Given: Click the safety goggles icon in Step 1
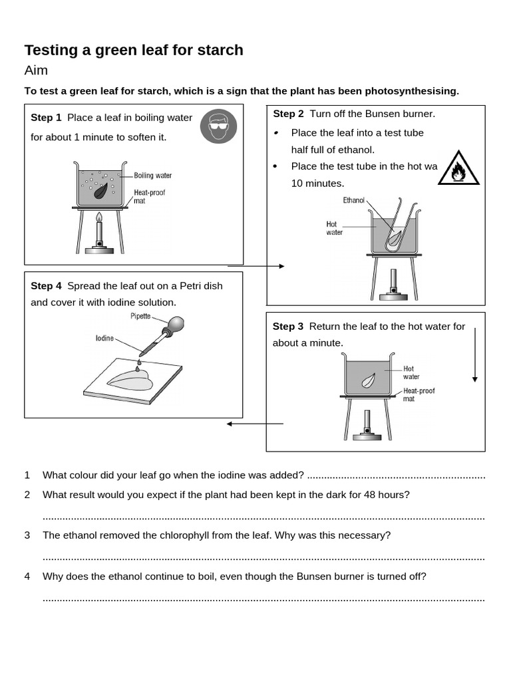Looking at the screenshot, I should (x=218, y=126).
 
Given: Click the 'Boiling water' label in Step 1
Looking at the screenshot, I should (x=152, y=176).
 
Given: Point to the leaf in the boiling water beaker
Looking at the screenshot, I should (x=101, y=191).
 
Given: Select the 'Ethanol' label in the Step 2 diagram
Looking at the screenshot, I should (x=354, y=200).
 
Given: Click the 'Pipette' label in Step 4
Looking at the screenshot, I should (x=140, y=317).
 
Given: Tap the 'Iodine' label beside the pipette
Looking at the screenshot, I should (x=104, y=339).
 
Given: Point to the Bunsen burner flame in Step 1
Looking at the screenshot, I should (x=99, y=217).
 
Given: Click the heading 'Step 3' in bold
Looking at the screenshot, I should (x=287, y=327).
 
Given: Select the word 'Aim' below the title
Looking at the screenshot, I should (x=36, y=70).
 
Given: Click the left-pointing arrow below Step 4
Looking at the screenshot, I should (x=254, y=424).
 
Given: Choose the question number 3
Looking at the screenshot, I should (x=27, y=535).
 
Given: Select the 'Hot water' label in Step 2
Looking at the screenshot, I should (x=332, y=228).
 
